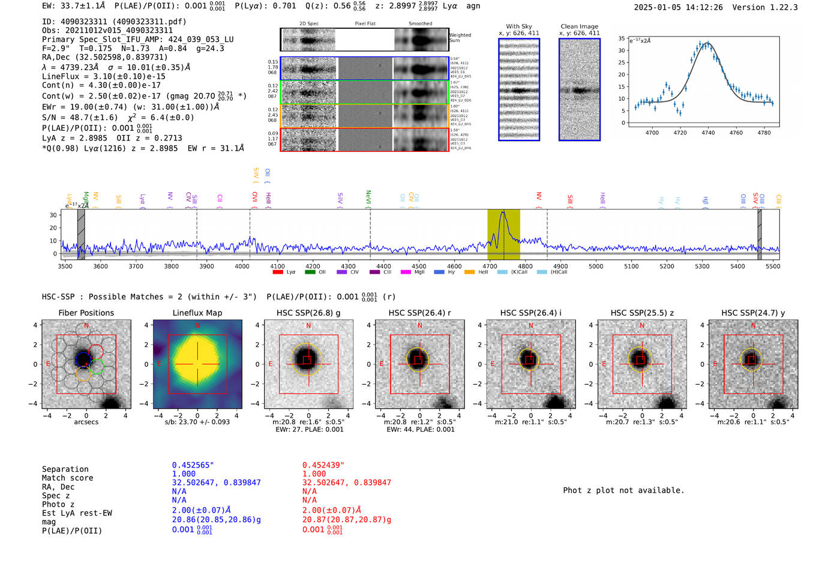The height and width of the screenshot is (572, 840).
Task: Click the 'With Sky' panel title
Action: tap(518, 26)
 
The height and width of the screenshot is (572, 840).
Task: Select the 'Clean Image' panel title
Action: tap(579, 26)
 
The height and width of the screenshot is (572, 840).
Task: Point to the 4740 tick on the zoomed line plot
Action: tap(708, 133)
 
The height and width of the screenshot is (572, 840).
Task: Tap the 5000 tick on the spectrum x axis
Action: tap(596, 266)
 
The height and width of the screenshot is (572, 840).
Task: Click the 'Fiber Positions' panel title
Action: tap(86, 313)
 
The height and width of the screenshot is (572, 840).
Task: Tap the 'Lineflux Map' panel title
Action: tap(197, 313)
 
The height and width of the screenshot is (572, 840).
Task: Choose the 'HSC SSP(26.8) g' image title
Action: tap(308, 313)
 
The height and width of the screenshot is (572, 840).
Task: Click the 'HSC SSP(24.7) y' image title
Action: tap(753, 313)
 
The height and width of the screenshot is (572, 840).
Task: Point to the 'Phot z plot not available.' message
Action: tap(623, 490)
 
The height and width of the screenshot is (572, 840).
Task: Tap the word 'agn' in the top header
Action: tap(473, 6)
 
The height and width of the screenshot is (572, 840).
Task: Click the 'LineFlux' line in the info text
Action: tap(103, 76)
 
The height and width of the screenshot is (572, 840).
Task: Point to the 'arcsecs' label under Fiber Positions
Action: tap(86, 422)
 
